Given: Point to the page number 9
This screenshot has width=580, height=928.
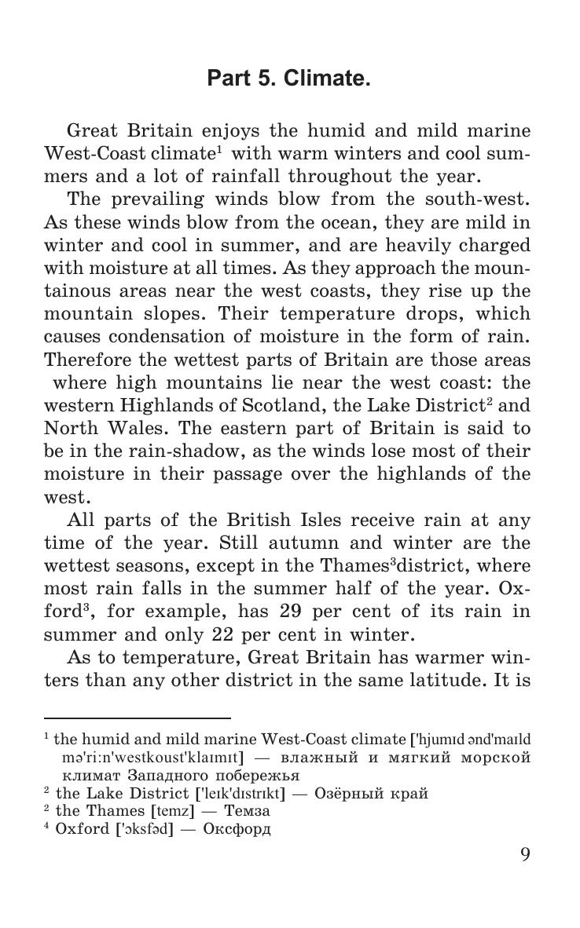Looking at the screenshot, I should (x=525, y=854).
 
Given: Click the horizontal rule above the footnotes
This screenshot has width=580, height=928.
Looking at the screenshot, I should (x=137, y=718).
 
